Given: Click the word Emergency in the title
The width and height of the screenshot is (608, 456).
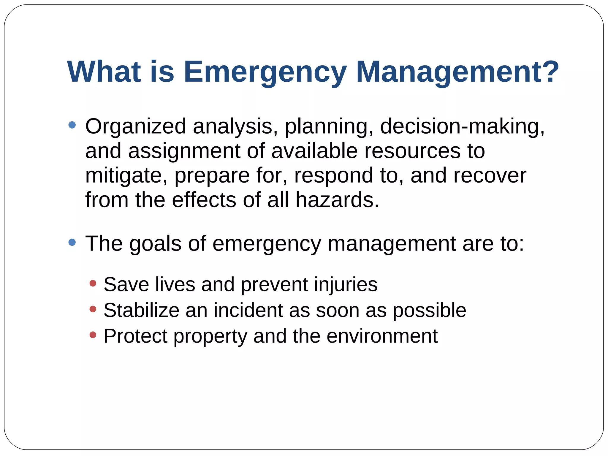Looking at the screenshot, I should [x=265, y=72].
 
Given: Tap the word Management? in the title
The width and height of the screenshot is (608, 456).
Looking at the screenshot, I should [x=457, y=72].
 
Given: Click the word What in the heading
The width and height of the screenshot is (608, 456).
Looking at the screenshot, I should [x=104, y=72].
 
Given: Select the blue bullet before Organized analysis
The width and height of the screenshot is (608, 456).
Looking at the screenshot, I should [x=72, y=125].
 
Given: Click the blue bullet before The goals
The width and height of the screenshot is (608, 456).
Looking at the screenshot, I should [x=72, y=242].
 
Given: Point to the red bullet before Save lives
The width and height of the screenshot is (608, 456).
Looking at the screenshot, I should [x=93, y=283].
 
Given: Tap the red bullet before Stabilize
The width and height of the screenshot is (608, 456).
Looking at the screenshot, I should [x=93, y=309].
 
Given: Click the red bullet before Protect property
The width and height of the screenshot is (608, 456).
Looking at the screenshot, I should [x=93, y=335].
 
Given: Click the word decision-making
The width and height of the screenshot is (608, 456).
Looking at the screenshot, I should [x=462, y=127].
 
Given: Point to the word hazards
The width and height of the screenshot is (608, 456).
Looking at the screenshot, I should [x=337, y=200].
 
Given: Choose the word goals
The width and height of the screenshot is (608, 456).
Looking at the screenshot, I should [x=155, y=244].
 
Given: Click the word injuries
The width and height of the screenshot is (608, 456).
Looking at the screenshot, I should [x=346, y=284].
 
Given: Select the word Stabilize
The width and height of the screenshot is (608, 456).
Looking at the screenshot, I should [x=141, y=310].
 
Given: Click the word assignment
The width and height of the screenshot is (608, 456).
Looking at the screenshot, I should [x=184, y=152].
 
